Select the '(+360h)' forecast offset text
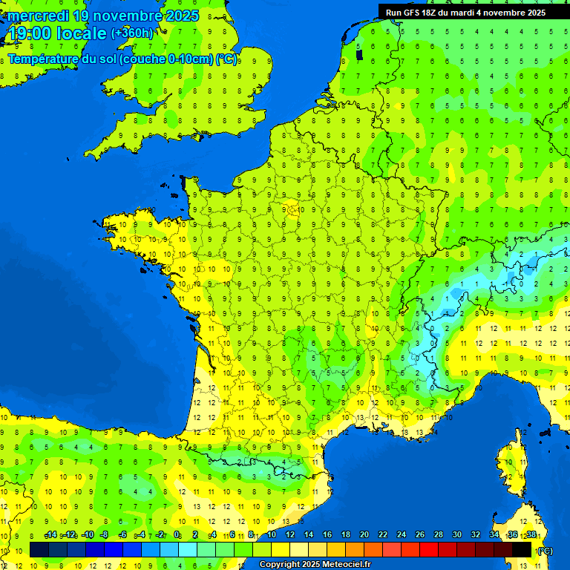131,33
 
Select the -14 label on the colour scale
50,535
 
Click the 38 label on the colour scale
531,535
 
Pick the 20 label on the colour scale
364,535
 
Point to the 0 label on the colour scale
177,535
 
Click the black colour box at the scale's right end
522,550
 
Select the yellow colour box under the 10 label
281,550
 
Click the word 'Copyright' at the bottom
280,565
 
